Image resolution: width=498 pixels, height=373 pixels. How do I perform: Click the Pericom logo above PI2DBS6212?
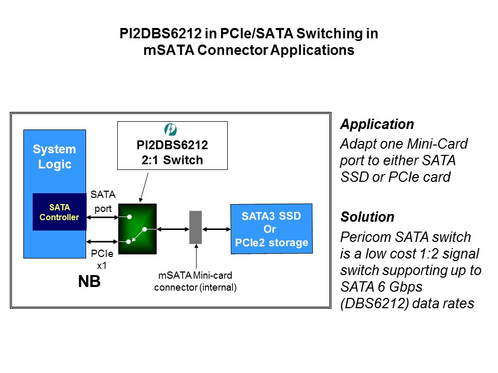coord(170,130)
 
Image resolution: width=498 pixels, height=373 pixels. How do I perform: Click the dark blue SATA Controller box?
coord(59,212)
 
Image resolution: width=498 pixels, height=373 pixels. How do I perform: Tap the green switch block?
coord(137,223)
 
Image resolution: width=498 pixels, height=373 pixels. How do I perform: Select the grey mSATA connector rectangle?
coord(196,227)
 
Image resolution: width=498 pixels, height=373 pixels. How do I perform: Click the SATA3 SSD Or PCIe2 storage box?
coord(271,228)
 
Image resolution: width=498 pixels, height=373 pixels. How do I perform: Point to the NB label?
coord(89,282)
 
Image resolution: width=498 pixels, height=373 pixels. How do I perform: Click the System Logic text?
coord(54,157)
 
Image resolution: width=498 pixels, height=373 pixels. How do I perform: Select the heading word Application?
coord(377,124)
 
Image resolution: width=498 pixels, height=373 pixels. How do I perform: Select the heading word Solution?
coord(367,217)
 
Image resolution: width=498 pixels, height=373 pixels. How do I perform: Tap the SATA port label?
coord(102,202)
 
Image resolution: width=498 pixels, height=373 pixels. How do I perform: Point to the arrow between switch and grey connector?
coord(172,228)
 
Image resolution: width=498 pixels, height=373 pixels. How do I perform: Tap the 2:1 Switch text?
coord(172,160)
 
